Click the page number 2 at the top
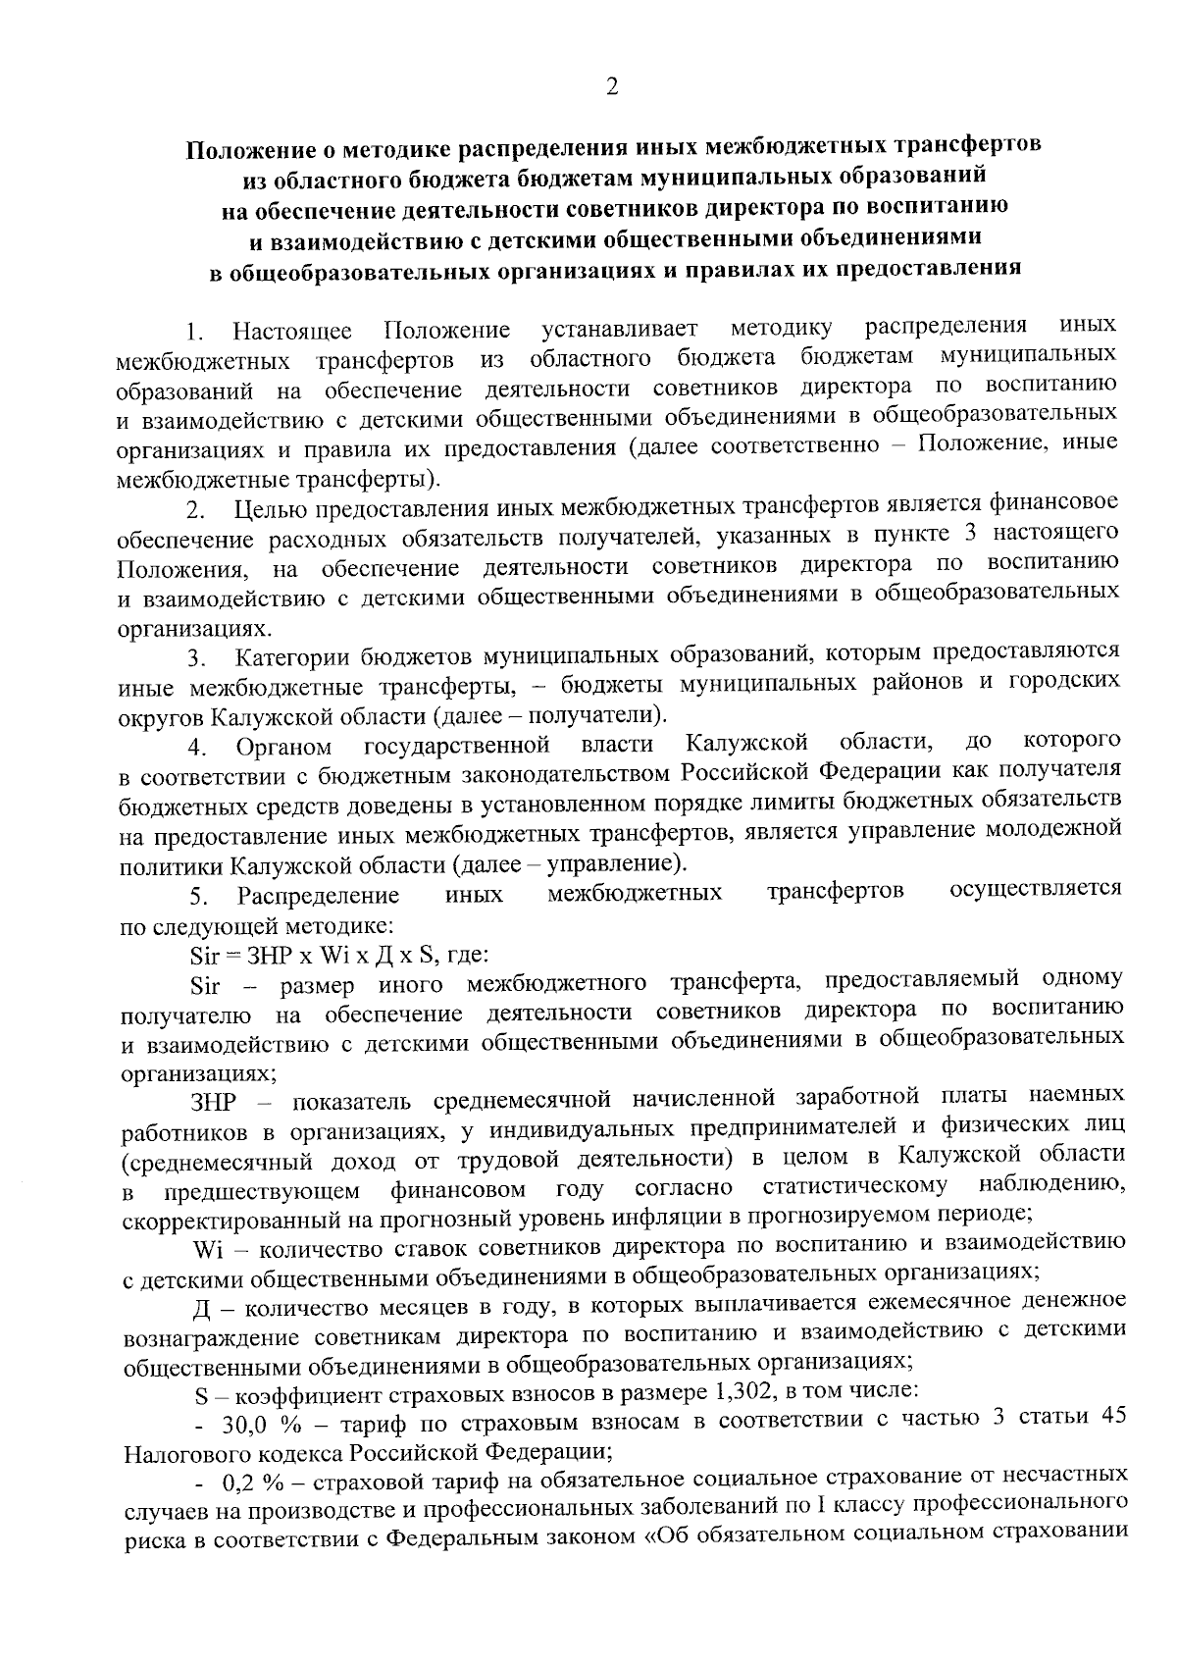click(x=612, y=88)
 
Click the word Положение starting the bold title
click(x=244, y=149)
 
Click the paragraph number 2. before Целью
click(x=196, y=511)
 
